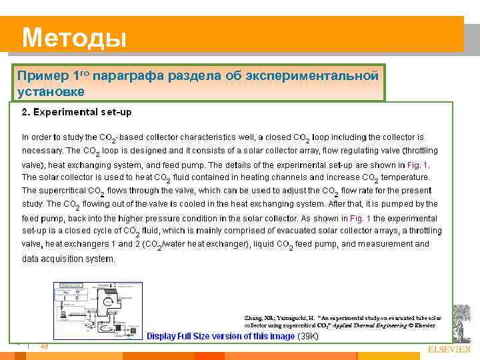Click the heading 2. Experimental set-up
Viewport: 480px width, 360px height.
pos(81,112)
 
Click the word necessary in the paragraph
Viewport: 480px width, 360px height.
pos(41,150)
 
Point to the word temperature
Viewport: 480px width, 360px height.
pos(405,177)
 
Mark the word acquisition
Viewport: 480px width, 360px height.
pos(66,258)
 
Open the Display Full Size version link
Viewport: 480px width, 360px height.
pos(220,336)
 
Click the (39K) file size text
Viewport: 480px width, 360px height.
pos(307,336)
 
